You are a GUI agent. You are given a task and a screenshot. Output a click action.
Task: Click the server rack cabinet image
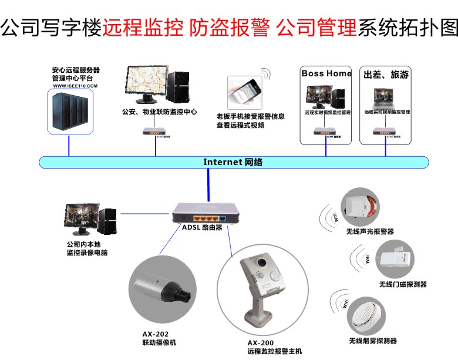pos(69,112)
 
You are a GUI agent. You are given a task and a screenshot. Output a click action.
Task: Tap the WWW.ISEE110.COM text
pos(75,86)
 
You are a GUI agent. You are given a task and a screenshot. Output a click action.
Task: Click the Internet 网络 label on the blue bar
pos(233,162)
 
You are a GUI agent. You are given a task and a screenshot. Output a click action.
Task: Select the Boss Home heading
pos(326,73)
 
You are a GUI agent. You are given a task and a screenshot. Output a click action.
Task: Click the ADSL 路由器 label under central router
pos(202,227)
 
